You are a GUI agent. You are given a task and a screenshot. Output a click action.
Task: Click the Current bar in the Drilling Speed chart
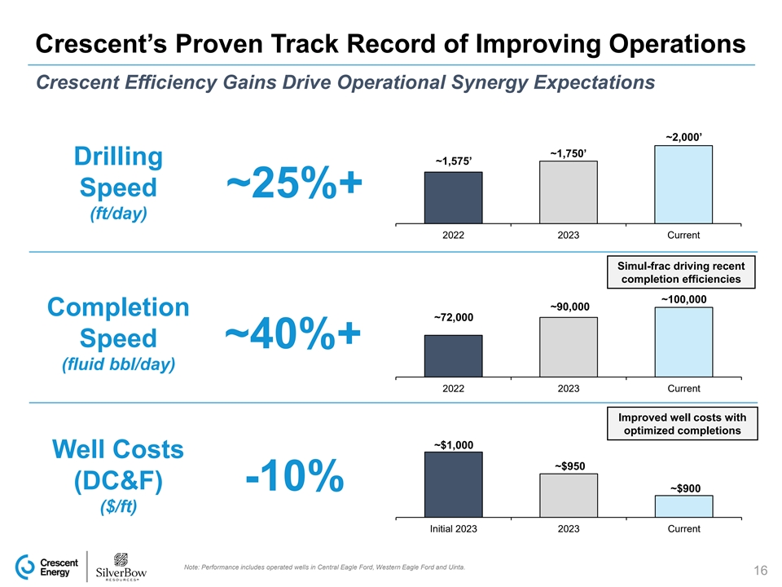pyautogui.click(x=683, y=183)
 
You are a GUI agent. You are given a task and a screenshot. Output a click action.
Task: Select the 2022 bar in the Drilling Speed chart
pyautogui.click(x=453, y=197)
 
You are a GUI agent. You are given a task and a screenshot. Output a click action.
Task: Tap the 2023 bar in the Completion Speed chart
pyautogui.click(x=568, y=346)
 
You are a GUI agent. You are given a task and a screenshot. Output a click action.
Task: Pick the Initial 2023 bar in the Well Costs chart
pyautogui.click(x=453, y=484)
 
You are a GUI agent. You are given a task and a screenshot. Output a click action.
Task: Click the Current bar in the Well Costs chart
pyautogui.click(x=683, y=506)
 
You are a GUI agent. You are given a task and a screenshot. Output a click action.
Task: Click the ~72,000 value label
pyautogui.click(x=453, y=317)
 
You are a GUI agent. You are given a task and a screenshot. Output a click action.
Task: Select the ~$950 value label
pyautogui.click(x=569, y=466)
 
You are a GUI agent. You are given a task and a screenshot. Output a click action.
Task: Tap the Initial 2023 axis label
pyautogui.click(x=453, y=529)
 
